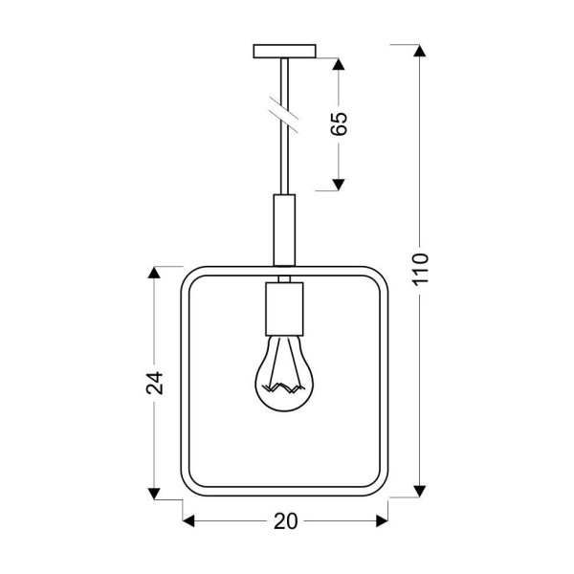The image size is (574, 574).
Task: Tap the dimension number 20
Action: pos(285,521)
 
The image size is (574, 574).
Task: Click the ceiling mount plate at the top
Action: pos(284,50)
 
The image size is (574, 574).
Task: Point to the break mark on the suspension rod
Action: pos(284,113)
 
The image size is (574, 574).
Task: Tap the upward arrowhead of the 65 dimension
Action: pos(338,65)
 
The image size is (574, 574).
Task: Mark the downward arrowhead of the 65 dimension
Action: pos(338,184)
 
